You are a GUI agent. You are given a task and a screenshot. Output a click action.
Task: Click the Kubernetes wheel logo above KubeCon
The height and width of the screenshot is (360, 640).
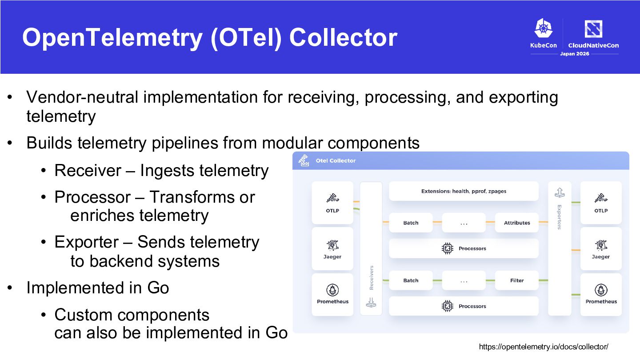pos(544,28)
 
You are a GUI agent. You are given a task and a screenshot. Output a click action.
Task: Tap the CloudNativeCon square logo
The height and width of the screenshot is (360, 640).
pos(593,28)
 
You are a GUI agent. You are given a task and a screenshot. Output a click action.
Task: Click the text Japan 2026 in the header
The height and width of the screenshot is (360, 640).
pos(575,54)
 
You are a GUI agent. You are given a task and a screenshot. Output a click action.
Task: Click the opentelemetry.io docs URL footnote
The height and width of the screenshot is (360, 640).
pos(544,347)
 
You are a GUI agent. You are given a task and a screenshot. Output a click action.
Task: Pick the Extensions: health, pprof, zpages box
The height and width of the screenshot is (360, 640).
pos(464,191)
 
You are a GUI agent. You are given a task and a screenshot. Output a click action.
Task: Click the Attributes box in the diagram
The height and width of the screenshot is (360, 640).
pos(517,223)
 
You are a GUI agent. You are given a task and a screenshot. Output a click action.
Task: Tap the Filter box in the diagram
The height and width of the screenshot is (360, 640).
pos(517,280)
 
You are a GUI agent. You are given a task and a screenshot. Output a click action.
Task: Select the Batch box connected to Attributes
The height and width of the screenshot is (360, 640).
pos(411,223)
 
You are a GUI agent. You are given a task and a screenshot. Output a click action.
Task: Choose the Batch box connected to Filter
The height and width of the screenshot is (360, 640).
pos(411,280)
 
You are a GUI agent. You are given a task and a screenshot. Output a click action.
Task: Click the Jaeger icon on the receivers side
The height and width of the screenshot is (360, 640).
pos(332,245)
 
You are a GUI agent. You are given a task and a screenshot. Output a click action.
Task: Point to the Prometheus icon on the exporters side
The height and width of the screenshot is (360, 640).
pos(601,290)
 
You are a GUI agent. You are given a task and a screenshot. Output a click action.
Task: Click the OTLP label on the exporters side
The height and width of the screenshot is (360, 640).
pos(601,211)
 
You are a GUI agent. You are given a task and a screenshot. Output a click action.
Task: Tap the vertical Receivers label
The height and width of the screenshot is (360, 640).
pos(372,278)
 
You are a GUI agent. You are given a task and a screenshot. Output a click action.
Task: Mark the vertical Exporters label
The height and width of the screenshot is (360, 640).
pos(560,217)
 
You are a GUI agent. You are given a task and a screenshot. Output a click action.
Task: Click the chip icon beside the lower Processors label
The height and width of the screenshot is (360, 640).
pos(448,306)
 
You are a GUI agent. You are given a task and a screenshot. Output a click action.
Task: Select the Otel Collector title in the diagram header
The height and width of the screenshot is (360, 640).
pos(336,160)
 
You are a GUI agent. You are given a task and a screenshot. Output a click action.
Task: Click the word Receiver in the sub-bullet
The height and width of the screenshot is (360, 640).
pos(88,171)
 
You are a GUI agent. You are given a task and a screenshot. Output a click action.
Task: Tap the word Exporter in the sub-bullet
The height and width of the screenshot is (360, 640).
pos(87,242)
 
